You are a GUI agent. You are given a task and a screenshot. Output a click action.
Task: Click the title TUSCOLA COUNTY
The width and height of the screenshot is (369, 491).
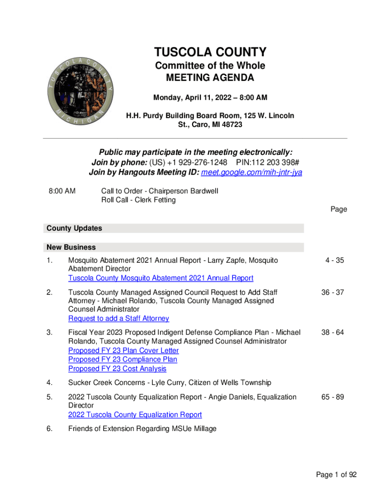(x=210, y=52)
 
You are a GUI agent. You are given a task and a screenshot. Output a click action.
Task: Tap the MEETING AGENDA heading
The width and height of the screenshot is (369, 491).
(x=210, y=78)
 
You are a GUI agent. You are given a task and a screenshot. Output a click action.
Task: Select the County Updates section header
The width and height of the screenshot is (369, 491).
(x=74, y=228)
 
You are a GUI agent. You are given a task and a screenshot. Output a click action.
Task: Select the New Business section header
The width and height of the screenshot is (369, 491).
(x=71, y=247)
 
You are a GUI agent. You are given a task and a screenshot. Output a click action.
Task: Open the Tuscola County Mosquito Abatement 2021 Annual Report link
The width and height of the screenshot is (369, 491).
(x=161, y=278)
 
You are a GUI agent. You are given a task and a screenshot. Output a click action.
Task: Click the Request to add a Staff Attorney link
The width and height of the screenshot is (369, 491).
(x=118, y=318)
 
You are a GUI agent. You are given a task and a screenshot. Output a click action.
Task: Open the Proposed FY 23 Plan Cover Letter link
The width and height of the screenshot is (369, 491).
(x=124, y=351)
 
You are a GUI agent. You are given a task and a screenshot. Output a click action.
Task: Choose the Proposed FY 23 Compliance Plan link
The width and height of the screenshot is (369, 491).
(x=123, y=360)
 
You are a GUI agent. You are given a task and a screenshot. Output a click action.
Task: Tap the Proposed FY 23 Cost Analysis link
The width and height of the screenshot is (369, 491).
(x=117, y=369)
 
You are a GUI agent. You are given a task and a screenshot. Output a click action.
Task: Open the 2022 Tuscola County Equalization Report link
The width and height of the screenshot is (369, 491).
(x=135, y=415)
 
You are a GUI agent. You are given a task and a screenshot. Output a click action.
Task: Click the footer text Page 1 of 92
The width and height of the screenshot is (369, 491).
(x=336, y=475)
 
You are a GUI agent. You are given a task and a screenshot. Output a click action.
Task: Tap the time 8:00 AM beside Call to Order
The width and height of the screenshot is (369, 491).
(x=62, y=191)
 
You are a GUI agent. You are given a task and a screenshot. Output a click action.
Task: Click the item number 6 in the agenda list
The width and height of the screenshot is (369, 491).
(x=50, y=429)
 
